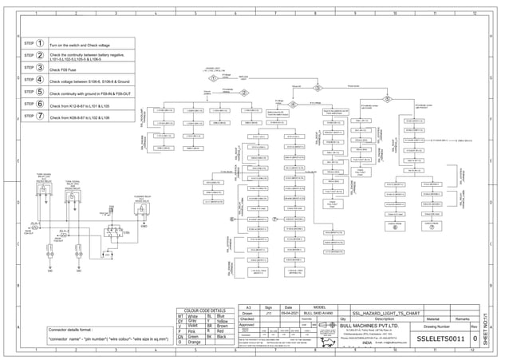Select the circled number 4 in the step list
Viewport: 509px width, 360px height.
tap(40, 80)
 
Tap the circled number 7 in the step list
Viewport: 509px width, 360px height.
tap(40, 116)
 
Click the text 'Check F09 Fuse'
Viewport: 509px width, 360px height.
tap(65, 70)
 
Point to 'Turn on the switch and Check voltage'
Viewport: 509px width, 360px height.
tap(82, 45)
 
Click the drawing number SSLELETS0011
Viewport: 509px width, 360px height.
tap(440, 339)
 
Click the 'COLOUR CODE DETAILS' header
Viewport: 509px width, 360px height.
tap(204, 311)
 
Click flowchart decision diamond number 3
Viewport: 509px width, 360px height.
tap(318, 89)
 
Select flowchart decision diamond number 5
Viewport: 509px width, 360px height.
tap(389, 99)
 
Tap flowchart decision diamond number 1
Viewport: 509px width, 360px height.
tap(212, 79)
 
